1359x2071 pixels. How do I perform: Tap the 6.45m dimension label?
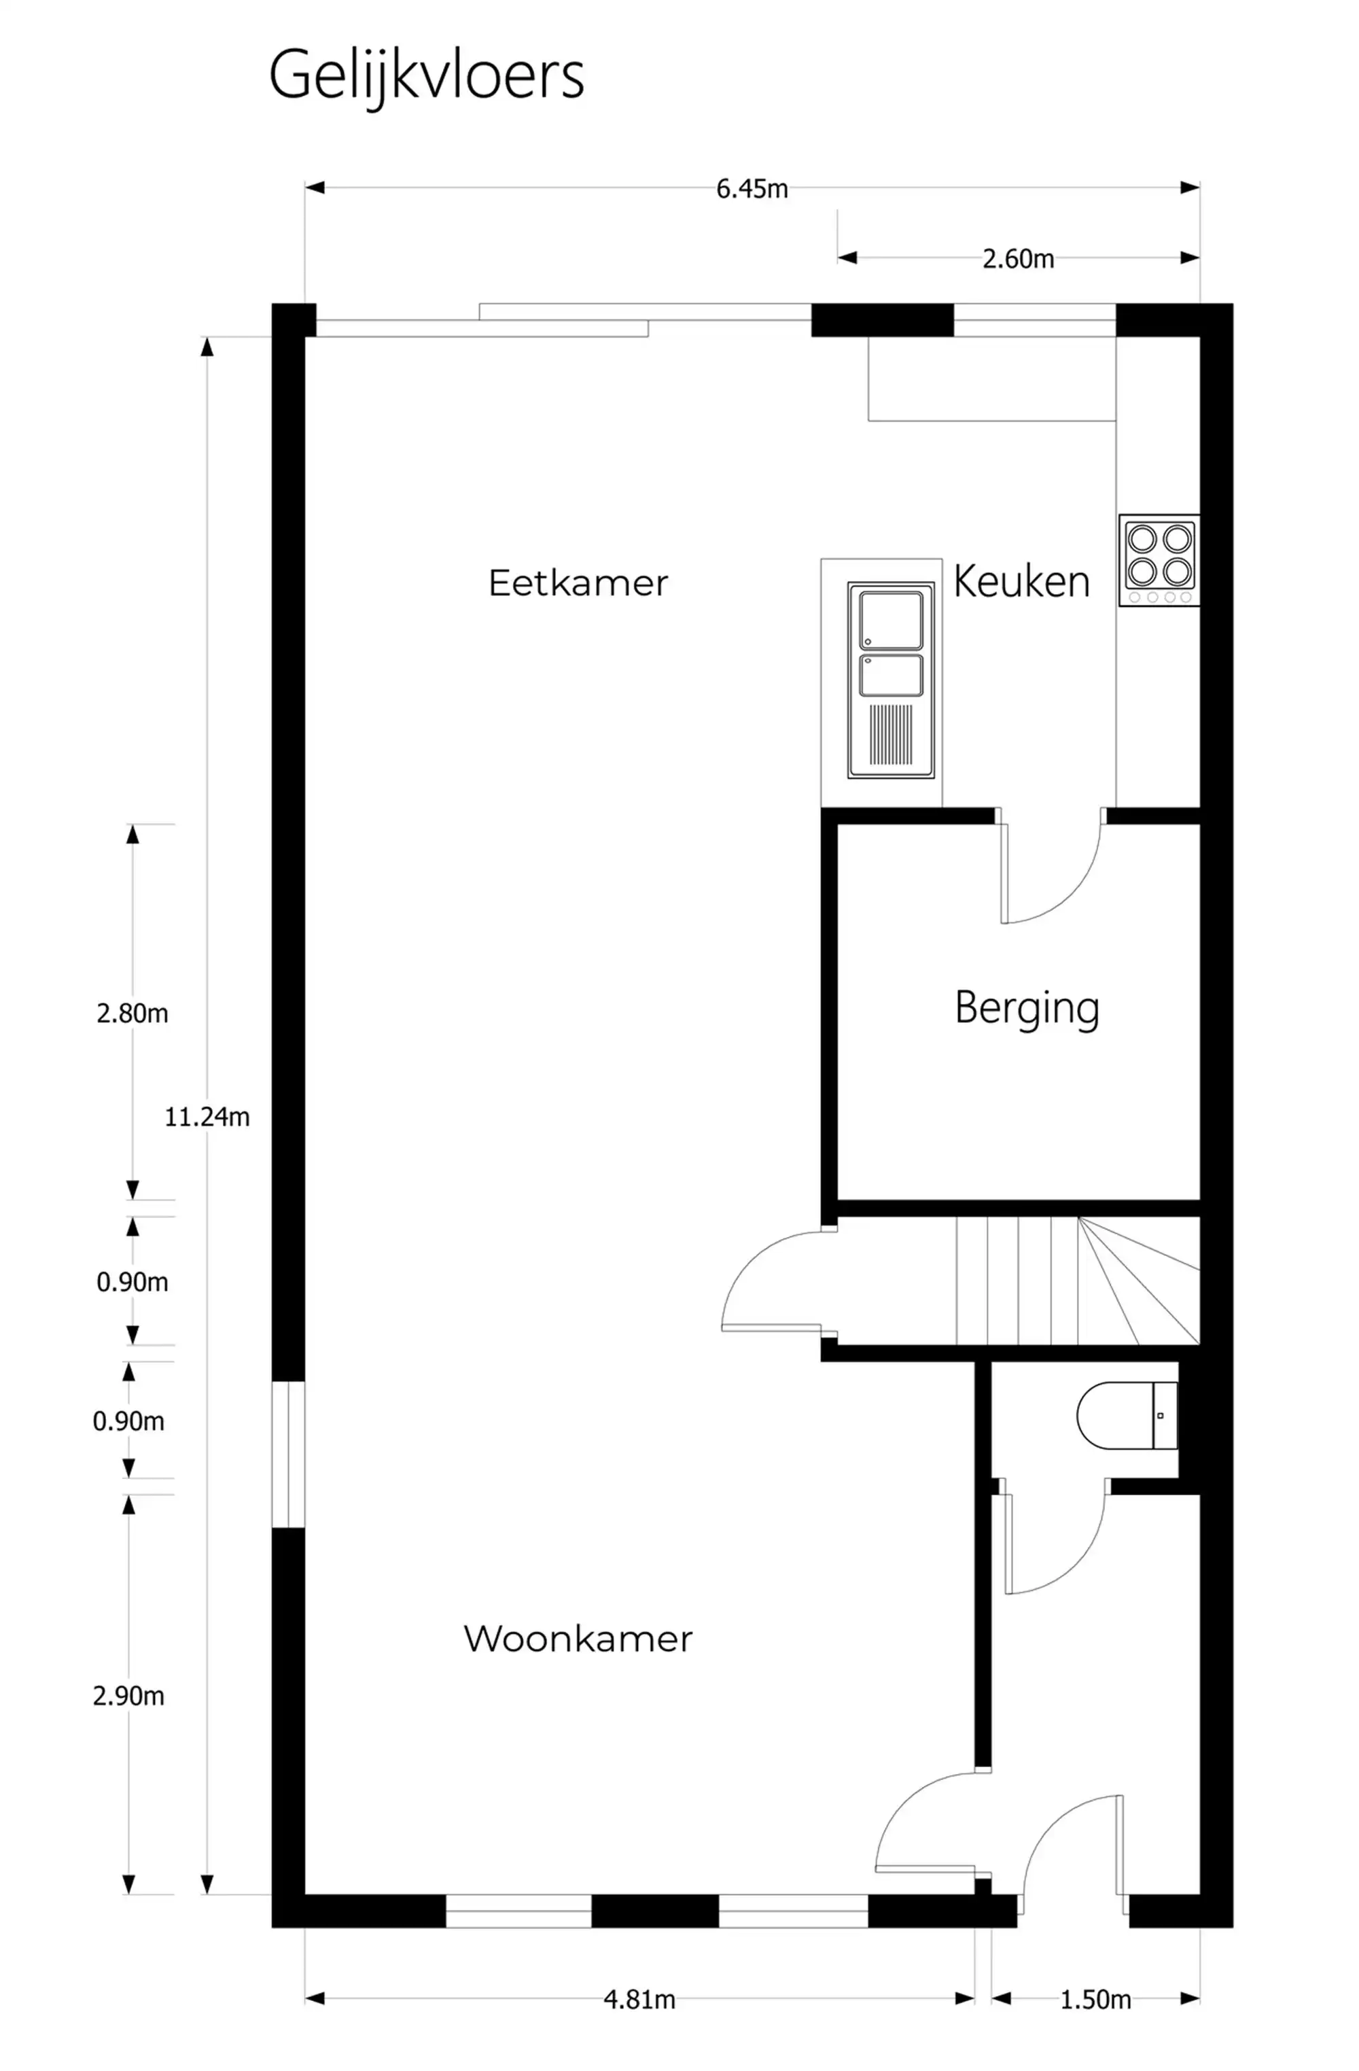751,189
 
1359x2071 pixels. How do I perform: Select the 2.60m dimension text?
1017,258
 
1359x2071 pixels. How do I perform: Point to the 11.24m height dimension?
207,1117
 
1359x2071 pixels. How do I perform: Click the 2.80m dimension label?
133,1013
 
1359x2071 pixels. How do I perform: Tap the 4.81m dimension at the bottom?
639,2000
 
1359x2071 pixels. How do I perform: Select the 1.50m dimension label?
1095,2000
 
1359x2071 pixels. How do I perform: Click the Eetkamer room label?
578,583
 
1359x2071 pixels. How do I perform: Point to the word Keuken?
1021,581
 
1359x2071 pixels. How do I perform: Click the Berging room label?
1027,1008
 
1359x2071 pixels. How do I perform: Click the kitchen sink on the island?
890,680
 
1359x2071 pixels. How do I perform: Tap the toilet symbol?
1126,1415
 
